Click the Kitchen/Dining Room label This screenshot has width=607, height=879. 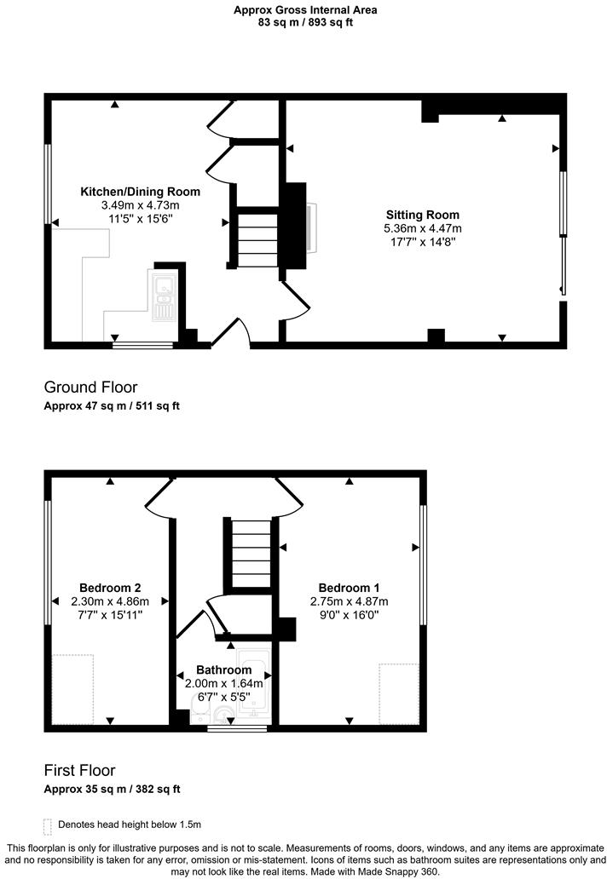(x=140, y=192)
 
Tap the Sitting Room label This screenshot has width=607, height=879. (x=422, y=215)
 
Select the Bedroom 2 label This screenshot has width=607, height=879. (x=110, y=588)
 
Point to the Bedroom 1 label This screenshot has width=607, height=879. (x=349, y=588)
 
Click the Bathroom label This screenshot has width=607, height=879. (x=223, y=669)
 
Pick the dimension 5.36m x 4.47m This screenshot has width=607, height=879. (x=422, y=228)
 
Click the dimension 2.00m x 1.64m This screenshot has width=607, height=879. (x=223, y=683)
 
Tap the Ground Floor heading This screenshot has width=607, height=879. (x=90, y=388)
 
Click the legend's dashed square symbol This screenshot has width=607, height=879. (x=47, y=825)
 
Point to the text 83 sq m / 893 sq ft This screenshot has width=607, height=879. (x=305, y=23)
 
